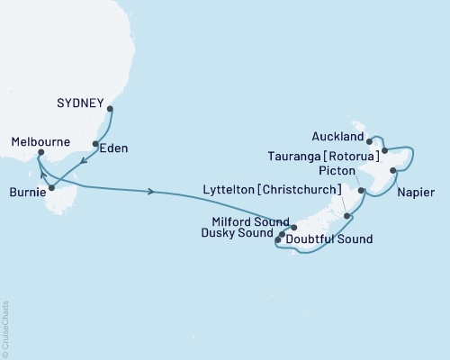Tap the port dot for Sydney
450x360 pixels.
pos(111,110)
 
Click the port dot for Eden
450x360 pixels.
pos(95,144)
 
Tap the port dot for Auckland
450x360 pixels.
pos(370,141)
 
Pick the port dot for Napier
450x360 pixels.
pos(393,170)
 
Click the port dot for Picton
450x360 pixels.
pos(360,190)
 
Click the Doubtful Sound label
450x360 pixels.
pos(329,239)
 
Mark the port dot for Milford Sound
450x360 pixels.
pos(294,226)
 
